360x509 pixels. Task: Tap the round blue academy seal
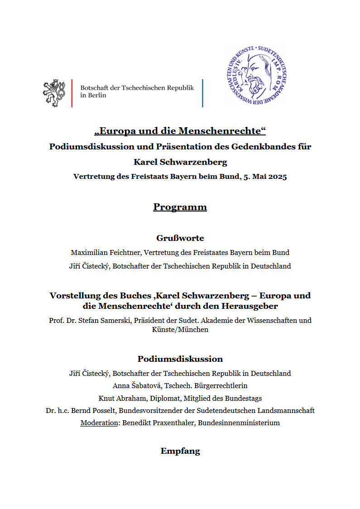(256, 76)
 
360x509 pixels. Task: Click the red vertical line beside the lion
(72, 93)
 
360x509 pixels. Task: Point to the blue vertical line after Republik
(202, 93)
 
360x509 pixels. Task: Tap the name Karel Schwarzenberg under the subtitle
(180, 162)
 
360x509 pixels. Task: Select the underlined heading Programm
(180, 207)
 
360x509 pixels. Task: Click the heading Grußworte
(180, 238)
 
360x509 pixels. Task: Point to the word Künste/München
(180, 330)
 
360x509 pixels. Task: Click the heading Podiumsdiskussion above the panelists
(180, 359)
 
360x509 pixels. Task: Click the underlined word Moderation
(98, 423)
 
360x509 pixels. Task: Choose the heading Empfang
(180, 451)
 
